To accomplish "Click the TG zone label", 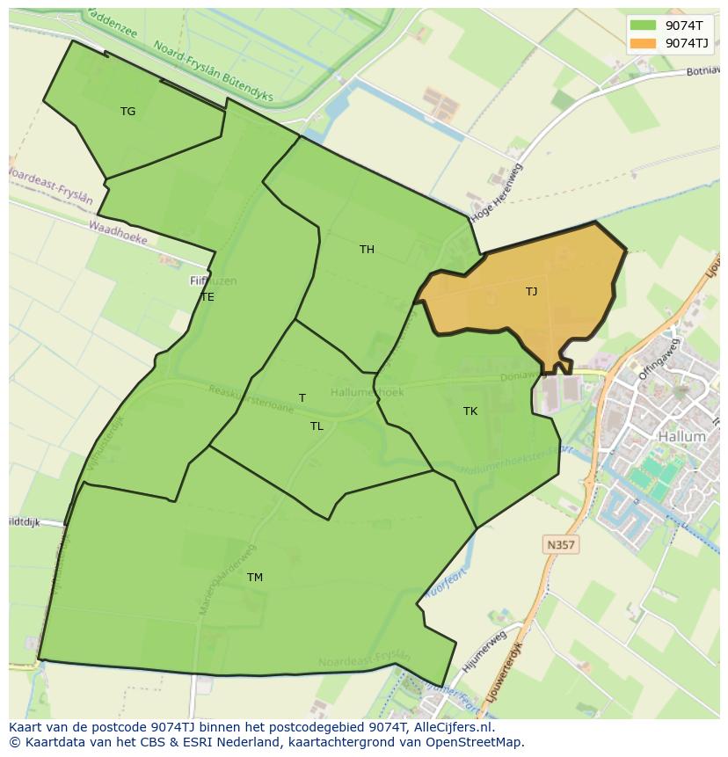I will pyautogui.click(x=128, y=112).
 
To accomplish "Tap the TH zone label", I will pyautogui.click(x=367, y=250).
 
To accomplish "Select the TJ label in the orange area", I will pyautogui.click(x=531, y=292).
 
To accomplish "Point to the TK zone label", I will pyautogui.click(x=470, y=411).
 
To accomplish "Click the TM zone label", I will pyautogui.click(x=255, y=578).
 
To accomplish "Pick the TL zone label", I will pyautogui.click(x=317, y=426).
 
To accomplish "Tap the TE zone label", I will pyautogui.click(x=207, y=297).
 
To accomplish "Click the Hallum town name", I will pyautogui.click(x=681, y=436).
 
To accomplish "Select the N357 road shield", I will pyautogui.click(x=560, y=545).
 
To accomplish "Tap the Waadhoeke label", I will pyautogui.click(x=117, y=232).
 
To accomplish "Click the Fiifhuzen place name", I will pyautogui.click(x=213, y=281).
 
